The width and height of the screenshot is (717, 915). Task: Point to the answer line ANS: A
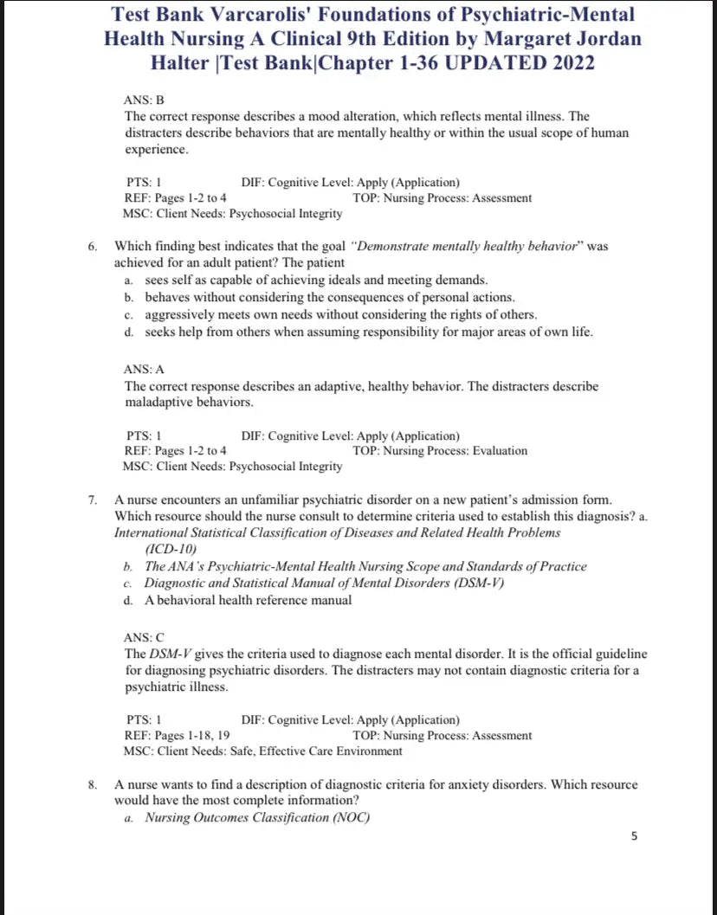(144, 369)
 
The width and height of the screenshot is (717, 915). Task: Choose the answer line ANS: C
(144, 637)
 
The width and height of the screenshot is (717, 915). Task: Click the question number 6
(92, 246)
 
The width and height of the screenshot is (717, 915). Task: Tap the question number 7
(92, 499)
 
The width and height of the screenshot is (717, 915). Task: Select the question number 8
(92, 784)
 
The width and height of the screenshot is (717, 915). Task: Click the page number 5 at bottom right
(635, 836)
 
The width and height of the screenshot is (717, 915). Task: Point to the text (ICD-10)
(171, 549)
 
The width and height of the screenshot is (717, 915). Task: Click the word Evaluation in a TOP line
(500, 451)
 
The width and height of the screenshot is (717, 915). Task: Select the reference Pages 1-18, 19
(192, 736)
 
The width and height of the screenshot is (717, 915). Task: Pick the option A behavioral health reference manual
(248, 600)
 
